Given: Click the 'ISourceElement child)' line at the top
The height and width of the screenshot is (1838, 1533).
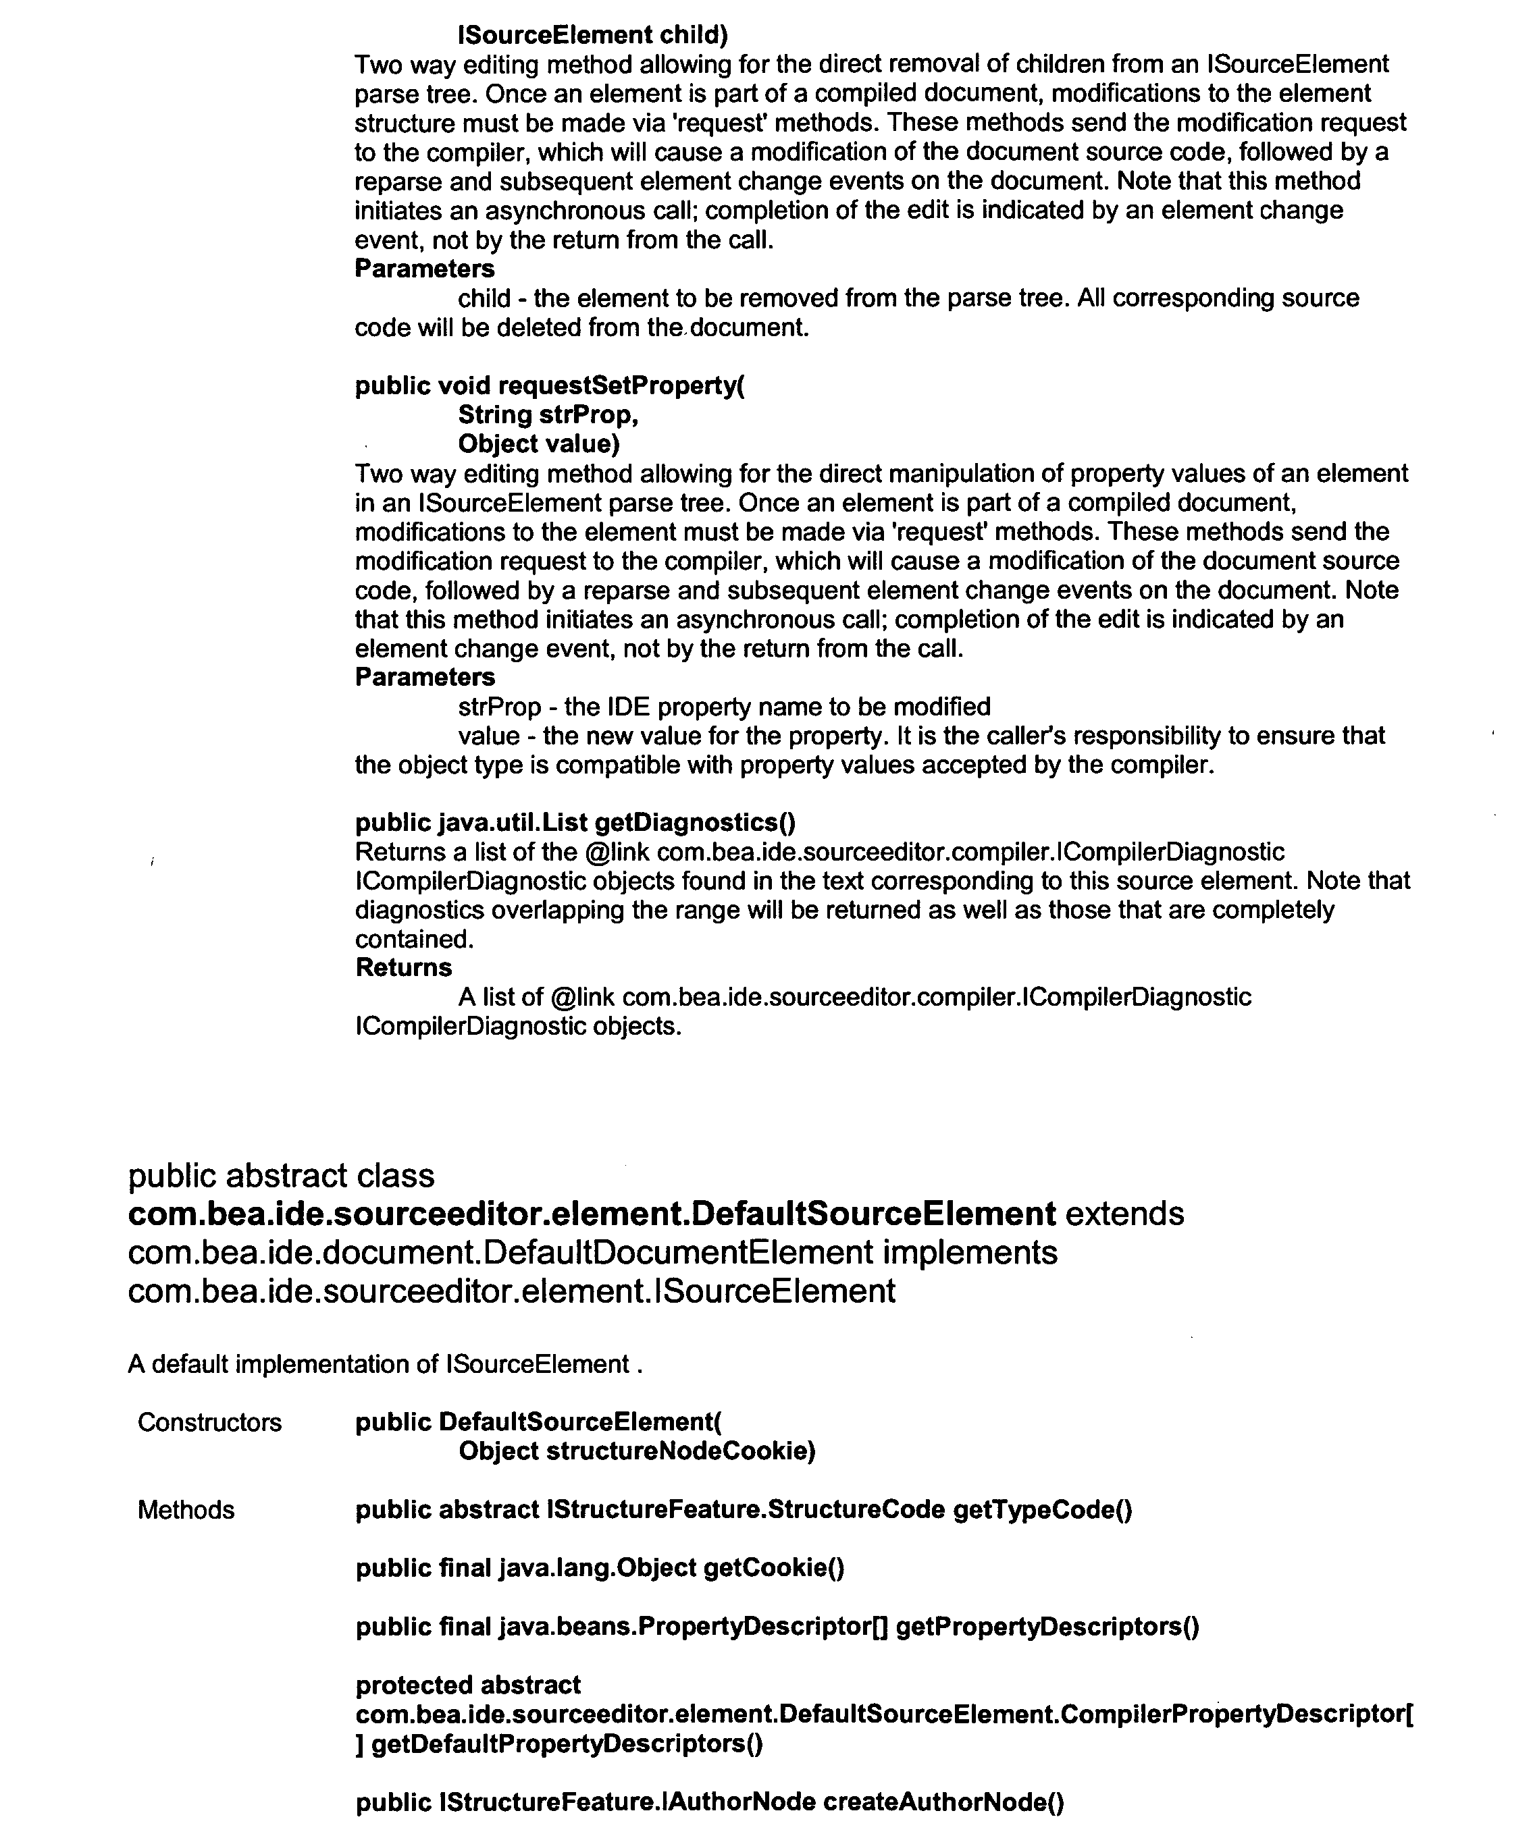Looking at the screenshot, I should (593, 35).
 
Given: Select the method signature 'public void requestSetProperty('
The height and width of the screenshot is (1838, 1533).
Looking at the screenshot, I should (550, 386).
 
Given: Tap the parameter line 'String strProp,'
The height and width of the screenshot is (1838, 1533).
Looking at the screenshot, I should (548, 415).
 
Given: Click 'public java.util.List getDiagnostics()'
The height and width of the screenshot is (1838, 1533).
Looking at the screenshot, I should (575, 823).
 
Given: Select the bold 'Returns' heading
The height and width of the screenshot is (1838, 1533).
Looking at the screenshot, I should (404, 968).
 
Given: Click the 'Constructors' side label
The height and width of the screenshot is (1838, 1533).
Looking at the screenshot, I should (209, 1423).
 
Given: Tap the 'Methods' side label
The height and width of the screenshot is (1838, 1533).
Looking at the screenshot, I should (186, 1511).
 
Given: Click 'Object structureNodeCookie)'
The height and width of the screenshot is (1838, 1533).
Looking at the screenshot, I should (636, 1452).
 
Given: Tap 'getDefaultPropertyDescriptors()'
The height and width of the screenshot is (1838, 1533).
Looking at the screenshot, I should (567, 1744).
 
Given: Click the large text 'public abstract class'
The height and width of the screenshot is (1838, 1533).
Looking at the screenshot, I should (281, 1177).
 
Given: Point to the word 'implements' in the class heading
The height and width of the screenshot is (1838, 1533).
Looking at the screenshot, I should (970, 1253).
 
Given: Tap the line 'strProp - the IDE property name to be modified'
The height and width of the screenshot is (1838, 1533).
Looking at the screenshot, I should (724, 707).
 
